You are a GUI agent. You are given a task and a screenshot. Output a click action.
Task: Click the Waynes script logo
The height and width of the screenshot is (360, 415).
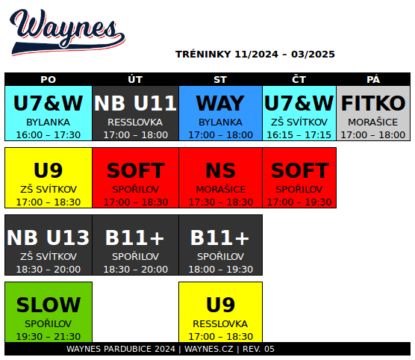(x=67, y=32)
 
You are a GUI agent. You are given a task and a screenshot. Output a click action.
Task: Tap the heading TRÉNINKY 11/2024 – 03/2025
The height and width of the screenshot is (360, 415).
(x=255, y=55)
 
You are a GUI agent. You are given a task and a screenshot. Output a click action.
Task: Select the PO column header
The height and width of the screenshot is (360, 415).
(x=49, y=79)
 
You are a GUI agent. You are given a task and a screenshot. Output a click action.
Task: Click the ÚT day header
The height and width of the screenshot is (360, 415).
(x=135, y=79)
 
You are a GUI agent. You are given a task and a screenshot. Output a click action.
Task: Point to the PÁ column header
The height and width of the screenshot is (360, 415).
(x=373, y=79)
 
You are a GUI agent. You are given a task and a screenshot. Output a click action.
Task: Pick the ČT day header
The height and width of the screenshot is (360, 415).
(x=299, y=79)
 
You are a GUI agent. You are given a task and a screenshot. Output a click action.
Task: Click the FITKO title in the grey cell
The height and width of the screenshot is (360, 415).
(x=373, y=103)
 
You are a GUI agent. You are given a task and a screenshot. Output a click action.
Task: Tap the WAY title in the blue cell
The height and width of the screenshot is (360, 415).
(x=220, y=103)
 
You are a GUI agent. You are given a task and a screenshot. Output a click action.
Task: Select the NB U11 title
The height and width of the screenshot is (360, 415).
(x=135, y=103)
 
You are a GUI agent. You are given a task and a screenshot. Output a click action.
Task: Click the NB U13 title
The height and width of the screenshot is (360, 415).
(x=49, y=238)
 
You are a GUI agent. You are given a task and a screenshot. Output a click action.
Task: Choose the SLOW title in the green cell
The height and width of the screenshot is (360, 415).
(x=49, y=305)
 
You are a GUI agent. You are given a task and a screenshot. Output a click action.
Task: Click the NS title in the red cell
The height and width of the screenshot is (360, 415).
(x=220, y=170)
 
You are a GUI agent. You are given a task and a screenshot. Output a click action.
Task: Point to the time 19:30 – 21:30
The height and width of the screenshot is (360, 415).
(x=49, y=336)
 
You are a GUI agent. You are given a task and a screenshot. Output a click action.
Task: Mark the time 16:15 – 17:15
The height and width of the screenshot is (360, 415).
(x=299, y=135)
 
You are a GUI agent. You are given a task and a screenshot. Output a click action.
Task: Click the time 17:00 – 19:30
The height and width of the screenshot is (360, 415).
(x=299, y=202)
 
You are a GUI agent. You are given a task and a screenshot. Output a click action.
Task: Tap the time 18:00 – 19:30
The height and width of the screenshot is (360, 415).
(x=220, y=270)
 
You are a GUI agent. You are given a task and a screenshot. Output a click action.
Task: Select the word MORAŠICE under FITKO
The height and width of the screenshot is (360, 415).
(x=373, y=122)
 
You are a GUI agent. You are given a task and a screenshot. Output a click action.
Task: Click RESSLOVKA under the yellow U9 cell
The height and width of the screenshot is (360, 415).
(x=220, y=323)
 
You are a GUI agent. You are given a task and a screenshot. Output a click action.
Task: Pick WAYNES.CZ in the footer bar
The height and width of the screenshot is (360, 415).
(x=209, y=349)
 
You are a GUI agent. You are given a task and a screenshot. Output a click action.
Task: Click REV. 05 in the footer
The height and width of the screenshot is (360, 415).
(x=258, y=349)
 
